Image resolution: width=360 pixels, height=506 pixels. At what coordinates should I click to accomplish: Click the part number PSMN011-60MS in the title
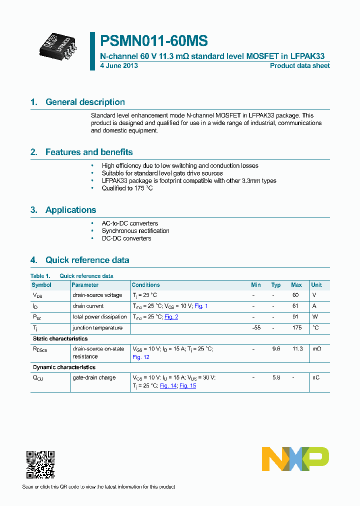pos(154,41)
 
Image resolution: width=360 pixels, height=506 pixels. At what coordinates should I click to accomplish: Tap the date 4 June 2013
pos(119,65)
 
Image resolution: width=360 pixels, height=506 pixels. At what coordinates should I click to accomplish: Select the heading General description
pos(85,102)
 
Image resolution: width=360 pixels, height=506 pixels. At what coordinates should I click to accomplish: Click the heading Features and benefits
pos(89,152)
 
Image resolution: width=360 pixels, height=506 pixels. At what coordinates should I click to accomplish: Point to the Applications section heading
pos(70,210)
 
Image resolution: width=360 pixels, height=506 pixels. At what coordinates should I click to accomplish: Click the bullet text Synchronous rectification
pos(135,231)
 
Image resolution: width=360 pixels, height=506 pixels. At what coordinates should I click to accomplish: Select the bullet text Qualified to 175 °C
pos(127,188)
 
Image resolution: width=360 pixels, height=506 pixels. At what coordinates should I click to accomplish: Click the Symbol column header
pos(41,285)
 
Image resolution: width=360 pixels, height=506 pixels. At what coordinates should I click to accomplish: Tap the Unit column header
pos(316,285)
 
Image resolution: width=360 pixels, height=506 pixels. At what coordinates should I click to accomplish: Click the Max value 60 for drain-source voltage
pos(295,295)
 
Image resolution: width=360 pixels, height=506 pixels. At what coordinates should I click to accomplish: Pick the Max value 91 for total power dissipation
pos(296,317)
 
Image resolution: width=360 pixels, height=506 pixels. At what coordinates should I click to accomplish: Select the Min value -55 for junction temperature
pos(256,328)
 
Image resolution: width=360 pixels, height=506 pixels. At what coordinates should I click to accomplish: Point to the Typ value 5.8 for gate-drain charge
pos(276,377)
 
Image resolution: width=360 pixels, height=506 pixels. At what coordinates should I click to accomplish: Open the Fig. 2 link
pos(171,317)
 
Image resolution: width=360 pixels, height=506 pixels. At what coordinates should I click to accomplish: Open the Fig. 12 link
pos(140,357)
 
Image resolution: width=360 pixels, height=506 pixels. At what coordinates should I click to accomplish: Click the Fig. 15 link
pos(187,385)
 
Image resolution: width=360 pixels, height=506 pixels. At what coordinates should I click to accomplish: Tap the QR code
pos(40,465)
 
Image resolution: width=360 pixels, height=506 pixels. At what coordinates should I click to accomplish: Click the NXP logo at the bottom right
pos(295,459)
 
